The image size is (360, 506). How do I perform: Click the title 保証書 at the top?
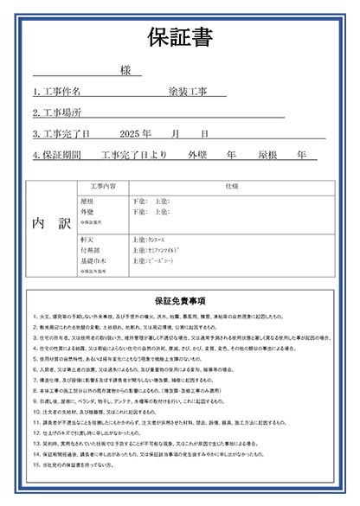point(180,39)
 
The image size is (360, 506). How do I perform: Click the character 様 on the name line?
point(125,70)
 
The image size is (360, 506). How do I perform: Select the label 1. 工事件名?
point(57,91)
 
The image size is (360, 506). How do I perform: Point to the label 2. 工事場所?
point(57,112)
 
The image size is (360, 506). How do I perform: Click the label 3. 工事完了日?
point(61,134)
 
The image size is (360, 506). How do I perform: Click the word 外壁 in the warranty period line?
point(197,156)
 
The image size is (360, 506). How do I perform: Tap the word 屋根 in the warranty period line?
point(267,156)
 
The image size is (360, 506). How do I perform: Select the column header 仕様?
point(231,186)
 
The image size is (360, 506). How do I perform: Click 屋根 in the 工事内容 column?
point(87,201)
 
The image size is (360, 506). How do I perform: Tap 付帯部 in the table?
point(89,248)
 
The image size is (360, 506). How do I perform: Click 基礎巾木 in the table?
point(92,259)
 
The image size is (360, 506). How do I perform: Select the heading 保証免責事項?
point(180,301)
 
